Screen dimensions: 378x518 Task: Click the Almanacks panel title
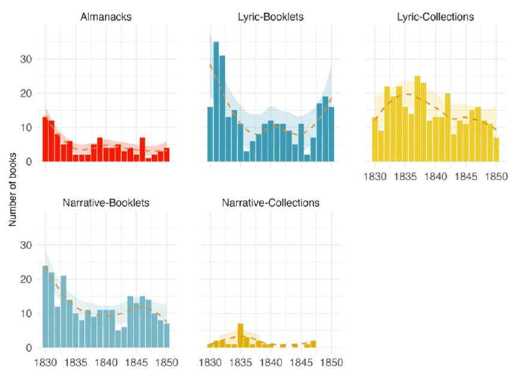coord(106,17)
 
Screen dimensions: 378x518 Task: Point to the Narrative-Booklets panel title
coord(106,202)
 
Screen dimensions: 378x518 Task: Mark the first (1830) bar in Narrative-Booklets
coord(45,307)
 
